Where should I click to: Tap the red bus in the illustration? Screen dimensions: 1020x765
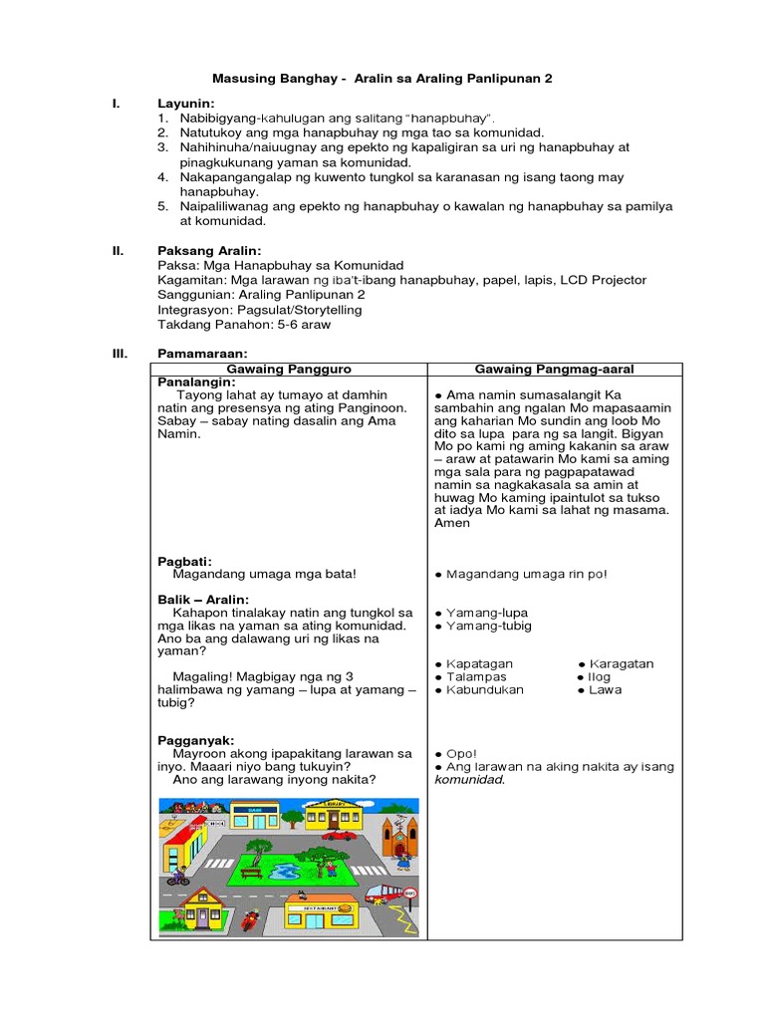click(x=386, y=893)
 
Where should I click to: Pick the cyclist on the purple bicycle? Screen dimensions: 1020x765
click(x=177, y=876)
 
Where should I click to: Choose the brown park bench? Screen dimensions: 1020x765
click(x=251, y=873)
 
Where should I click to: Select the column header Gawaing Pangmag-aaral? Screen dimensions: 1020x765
click(x=554, y=369)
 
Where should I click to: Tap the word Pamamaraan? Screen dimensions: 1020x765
click(x=202, y=354)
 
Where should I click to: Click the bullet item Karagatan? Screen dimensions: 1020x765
click(x=622, y=663)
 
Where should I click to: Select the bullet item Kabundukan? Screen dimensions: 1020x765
click(x=484, y=689)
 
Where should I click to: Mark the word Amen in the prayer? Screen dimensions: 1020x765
click(x=452, y=523)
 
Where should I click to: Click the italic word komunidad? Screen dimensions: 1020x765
click(x=469, y=780)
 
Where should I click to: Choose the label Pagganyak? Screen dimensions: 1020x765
click(x=196, y=740)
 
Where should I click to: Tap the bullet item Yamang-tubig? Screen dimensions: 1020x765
click(x=488, y=626)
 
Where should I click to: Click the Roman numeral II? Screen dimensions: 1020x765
click(x=117, y=251)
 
